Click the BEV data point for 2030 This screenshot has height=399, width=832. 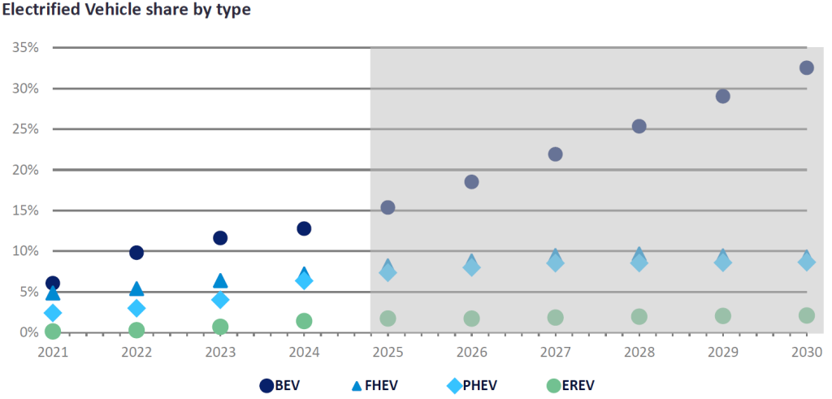pos(806,67)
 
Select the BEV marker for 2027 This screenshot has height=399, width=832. pos(555,154)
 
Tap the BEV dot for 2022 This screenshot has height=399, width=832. pos(136,253)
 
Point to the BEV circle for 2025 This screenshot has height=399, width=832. pos(388,207)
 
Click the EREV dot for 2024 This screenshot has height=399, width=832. pos(304,321)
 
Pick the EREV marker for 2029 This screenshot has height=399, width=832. pos(722,315)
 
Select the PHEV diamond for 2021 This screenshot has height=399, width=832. pos(53,313)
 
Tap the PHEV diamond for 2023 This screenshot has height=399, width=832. pos(220,300)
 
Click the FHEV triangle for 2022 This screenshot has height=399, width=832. pos(136,288)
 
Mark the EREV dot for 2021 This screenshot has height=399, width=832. pos(53,331)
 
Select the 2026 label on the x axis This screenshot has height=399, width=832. pos(471,352)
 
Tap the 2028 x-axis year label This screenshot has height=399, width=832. pos(639,352)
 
